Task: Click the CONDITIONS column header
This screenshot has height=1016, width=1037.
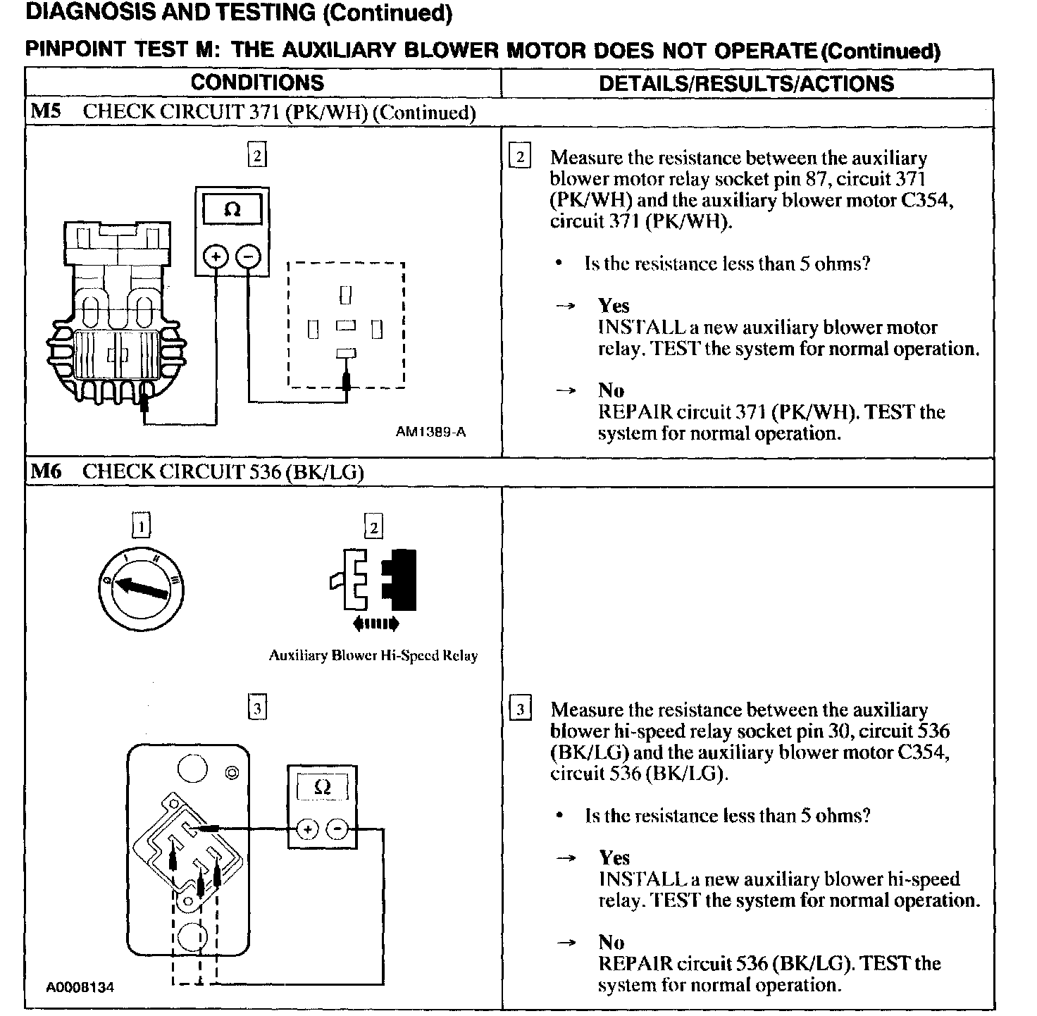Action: click(x=257, y=82)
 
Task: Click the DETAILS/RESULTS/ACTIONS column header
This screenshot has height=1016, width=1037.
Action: click(x=746, y=83)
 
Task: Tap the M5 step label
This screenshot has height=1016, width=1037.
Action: click(x=46, y=112)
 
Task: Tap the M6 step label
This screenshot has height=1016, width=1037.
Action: click(x=46, y=471)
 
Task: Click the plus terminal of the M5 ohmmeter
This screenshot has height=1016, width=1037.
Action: click(x=216, y=256)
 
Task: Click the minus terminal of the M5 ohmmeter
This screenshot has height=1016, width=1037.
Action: click(x=248, y=256)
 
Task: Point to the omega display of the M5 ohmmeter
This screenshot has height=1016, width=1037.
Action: click(x=232, y=210)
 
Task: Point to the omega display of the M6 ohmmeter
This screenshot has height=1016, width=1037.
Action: click(x=322, y=787)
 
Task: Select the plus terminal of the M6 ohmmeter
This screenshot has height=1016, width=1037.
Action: click(x=307, y=829)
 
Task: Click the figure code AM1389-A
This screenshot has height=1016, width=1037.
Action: click(x=430, y=432)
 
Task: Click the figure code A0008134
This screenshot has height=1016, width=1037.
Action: click(x=80, y=987)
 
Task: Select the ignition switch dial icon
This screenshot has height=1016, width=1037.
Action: click(x=140, y=588)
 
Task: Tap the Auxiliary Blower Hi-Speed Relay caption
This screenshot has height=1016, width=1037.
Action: click(x=373, y=655)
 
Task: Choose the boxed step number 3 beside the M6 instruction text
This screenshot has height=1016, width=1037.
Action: click(x=520, y=709)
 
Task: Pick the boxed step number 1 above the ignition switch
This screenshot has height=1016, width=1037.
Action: click(x=141, y=526)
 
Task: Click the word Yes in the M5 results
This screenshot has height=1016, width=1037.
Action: click(x=614, y=306)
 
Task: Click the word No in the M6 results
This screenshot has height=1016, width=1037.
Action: click(x=611, y=942)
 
